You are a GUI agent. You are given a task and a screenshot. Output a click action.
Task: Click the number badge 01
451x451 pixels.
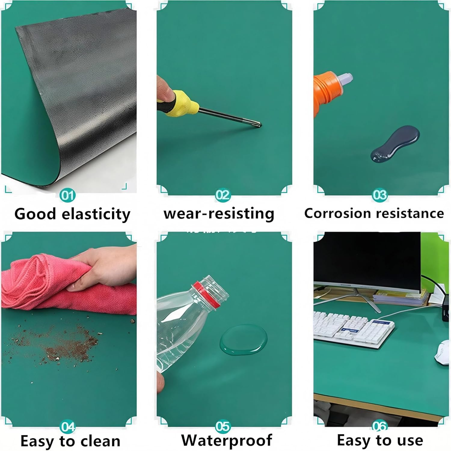click(67, 196)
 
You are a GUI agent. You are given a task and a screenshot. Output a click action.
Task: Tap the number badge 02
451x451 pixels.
click(223, 195)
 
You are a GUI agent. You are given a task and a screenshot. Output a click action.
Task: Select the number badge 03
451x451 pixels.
click(379, 195)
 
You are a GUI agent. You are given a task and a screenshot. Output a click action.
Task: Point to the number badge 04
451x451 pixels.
click(67, 427)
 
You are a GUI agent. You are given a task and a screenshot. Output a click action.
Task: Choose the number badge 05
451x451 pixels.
click(223, 426)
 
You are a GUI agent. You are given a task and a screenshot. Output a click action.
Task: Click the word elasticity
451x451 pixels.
click(96, 214)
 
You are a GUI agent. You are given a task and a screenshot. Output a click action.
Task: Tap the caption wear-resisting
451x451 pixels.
click(219, 214)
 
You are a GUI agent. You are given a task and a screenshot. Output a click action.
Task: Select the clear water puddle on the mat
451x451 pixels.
click(244, 339)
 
